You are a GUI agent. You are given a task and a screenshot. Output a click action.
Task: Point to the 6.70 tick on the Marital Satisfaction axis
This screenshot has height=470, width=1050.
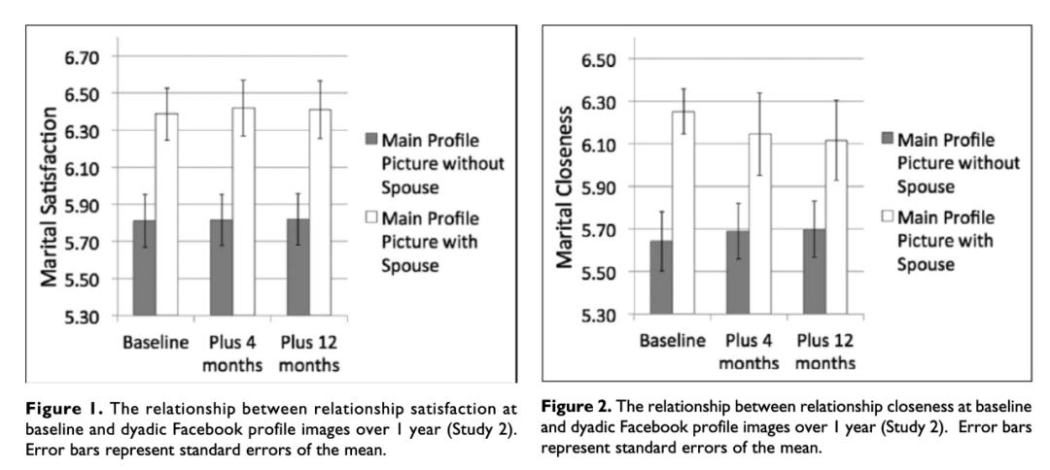coord(81,57)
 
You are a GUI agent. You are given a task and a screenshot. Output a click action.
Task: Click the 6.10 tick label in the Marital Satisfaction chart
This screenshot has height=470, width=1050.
coord(81,168)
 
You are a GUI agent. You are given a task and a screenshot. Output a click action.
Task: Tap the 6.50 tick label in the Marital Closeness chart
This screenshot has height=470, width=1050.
coord(597,59)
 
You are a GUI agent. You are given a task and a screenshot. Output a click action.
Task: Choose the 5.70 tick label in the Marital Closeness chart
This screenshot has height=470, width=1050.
coord(597,230)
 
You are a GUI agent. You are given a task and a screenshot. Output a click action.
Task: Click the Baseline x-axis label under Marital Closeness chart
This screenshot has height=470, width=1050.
coord(674,343)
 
